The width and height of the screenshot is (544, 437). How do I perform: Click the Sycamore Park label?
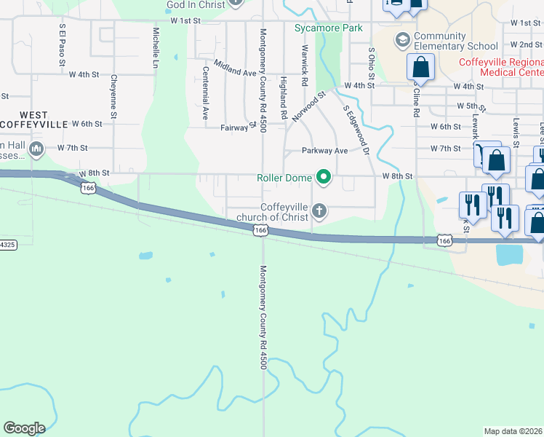328,28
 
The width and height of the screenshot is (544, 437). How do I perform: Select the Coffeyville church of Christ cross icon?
319,211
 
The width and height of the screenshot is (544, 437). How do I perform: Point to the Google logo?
24,428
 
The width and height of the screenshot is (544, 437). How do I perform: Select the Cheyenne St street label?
114,95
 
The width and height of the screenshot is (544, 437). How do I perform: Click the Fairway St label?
239,127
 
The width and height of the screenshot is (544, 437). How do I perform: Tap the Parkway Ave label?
325,151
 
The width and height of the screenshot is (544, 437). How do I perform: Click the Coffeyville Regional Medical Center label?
501,67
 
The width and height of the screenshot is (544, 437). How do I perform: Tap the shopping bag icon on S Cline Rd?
421,68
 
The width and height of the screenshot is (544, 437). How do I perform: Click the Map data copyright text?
513,431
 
